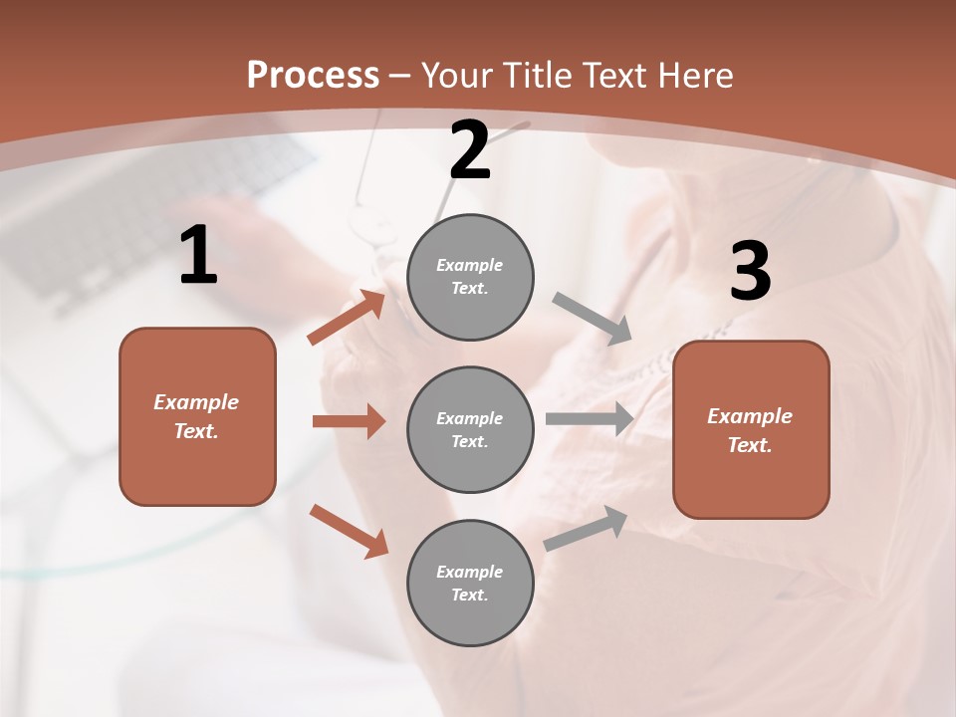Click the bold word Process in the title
click(x=313, y=76)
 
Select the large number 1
click(x=198, y=256)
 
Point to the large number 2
click(x=470, y=150)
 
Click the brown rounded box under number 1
click(x=197, y=416)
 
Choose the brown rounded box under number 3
click(x=751, y=429)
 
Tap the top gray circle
click(x=470, y=277)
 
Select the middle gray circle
click(x=470, y=429)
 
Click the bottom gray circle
click(x=470, y=583)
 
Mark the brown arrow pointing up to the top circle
click(x=347, y=317)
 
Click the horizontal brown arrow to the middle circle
click(x=349, y=421)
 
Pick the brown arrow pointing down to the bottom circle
click(x=349, y=531)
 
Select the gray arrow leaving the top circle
click(x=593, y=319)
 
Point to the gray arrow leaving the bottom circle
click(x=586, y=528)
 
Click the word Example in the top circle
click(x=470, y=265)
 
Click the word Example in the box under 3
click(x=750, y=416)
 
